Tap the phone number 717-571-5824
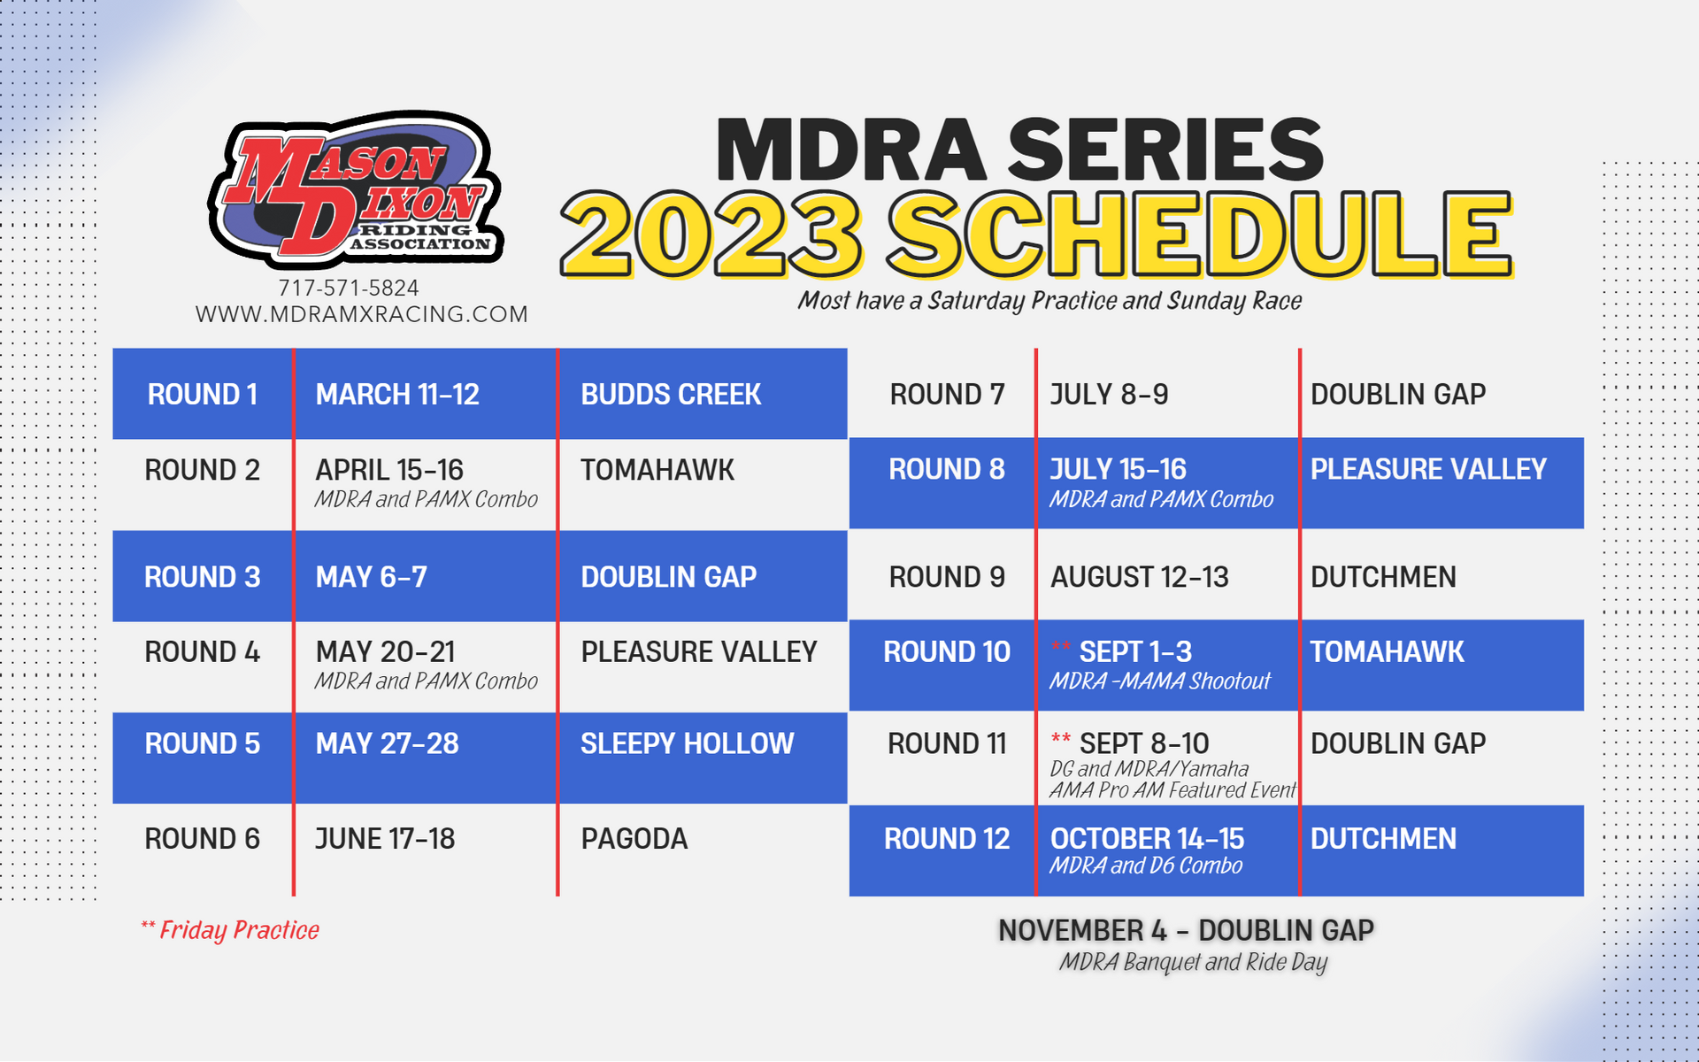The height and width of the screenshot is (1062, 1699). [349, 288]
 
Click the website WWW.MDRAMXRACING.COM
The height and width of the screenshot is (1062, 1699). [361, 314]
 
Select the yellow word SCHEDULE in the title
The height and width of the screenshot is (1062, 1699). [1199, 235]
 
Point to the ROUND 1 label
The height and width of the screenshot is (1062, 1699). [203, 395]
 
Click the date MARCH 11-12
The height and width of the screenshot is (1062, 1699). [397, 395]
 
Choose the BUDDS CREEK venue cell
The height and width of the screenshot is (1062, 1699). [671, 395]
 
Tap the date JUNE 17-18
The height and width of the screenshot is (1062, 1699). [385, 839]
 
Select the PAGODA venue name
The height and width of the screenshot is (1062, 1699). [634, 839]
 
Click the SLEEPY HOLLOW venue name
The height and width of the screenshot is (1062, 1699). [687, 743]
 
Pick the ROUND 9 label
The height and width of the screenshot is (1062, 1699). [947, 577]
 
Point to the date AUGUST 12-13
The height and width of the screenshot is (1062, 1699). [1140, 577]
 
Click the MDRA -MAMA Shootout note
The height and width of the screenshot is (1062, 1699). [1159, 681]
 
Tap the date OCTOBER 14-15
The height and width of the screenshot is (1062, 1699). [1147, 838]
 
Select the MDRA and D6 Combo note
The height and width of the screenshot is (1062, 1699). [1146, 866]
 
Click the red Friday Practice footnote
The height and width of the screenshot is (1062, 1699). [231, 930]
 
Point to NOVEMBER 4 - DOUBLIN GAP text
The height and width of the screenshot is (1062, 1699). [1186, 930]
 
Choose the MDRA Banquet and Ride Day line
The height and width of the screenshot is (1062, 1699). [1193, 962]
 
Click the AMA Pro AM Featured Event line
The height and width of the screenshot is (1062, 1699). [1172, 790]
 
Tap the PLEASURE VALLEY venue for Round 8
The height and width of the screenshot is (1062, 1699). [1428, 469]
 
